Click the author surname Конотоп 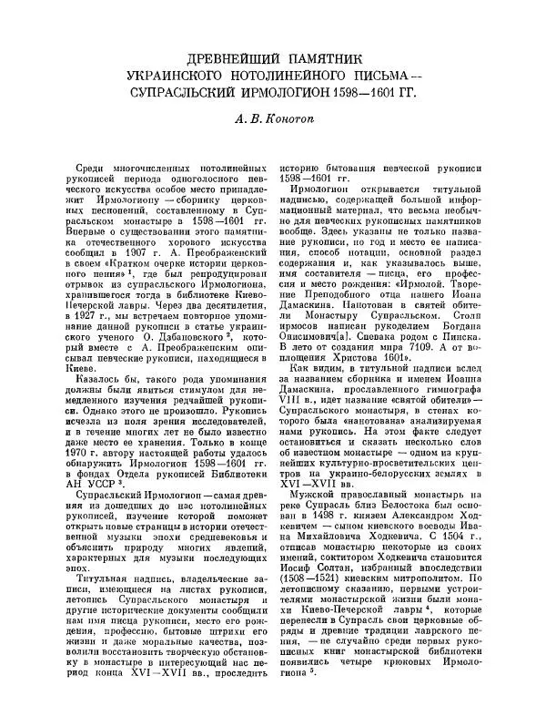tap(299, 118)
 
